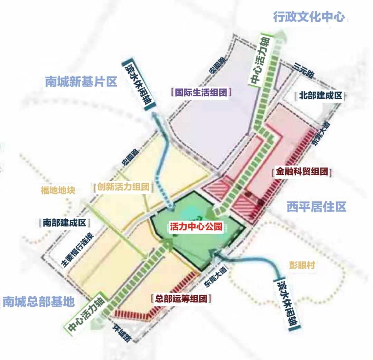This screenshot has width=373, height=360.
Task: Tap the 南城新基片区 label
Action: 81,82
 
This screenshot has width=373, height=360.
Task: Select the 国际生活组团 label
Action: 201,93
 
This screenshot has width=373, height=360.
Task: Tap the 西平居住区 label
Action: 316,207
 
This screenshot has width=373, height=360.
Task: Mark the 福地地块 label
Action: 58,190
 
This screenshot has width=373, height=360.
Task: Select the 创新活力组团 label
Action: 123,187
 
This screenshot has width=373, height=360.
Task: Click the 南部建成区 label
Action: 64,222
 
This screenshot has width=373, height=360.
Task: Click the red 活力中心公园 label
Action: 195,227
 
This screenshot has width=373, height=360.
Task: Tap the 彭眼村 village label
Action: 302,265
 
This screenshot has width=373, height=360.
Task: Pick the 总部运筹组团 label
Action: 181,299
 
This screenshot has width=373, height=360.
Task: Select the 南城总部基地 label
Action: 38,301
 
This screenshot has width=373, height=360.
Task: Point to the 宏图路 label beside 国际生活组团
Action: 217,65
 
